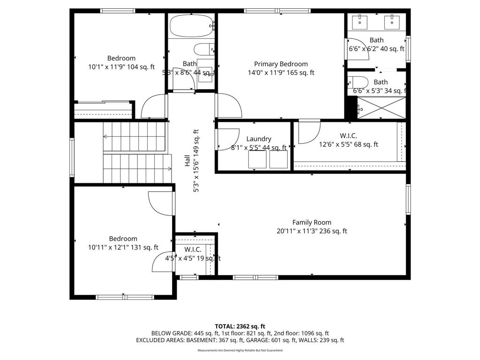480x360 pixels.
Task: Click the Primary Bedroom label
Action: click(x=281, y=64)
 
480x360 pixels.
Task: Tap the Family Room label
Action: click(x=312, y=223)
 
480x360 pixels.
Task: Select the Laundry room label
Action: click(x=259, y=139)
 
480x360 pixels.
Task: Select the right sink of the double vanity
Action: click(x=392, y=21)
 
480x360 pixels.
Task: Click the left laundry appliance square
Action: click(x=256, y=159)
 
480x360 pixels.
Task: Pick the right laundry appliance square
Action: click(x=278, y=159)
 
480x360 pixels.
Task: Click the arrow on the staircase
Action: click(x=106, y=137)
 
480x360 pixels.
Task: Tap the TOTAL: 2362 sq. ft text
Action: click(x=240, y=326)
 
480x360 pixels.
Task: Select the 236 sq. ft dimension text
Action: click(x=333, y=231)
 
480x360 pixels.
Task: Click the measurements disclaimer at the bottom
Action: click(x=240, y=351)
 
